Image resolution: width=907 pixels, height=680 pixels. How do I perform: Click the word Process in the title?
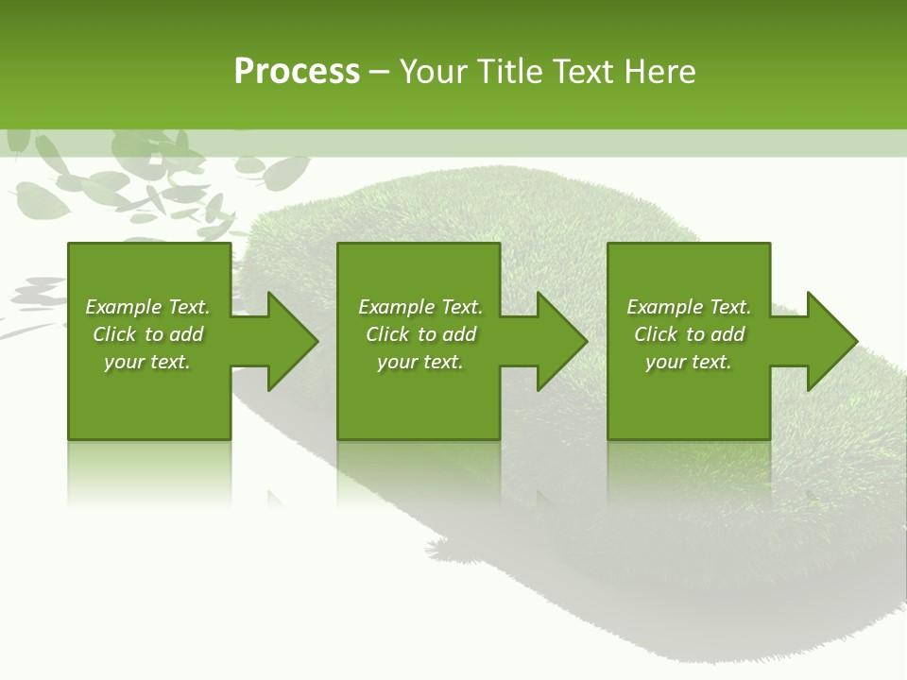click(297, 72)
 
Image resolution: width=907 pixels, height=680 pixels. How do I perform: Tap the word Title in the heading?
click(509, 72)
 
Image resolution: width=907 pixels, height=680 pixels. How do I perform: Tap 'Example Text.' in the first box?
click(147, 307)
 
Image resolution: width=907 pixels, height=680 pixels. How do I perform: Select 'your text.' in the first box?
click(147, 362)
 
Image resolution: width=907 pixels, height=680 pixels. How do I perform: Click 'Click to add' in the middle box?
click(420, 334)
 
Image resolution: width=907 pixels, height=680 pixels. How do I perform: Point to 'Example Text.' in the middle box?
click(420, 307)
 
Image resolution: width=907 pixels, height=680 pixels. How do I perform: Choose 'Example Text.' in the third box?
click(689, 307)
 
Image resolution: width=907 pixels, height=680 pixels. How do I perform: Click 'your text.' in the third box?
click(689, 362)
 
